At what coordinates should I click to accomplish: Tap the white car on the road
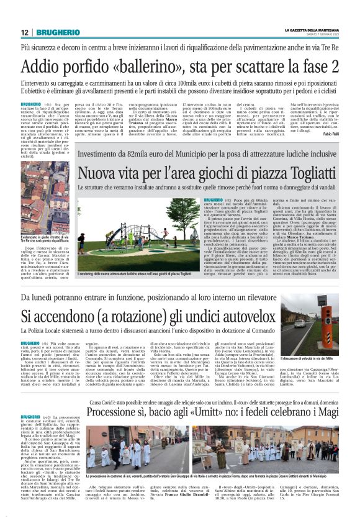299,323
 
